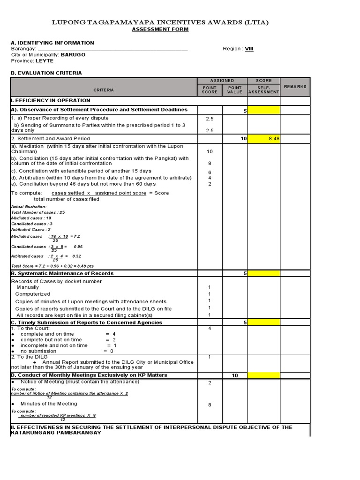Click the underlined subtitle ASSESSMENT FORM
pos(160,29)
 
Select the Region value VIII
pos(249,49)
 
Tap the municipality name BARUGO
pos(73,55)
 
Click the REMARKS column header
pos(295,87)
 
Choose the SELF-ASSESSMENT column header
pos(263,90)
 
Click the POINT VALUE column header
pos(234,90)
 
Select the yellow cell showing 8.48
pos(263,139)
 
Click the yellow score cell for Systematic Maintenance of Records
pos(263,273)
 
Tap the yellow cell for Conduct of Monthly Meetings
pos(263,375)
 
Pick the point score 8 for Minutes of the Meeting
pos(210,405)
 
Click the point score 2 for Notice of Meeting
pos(210,383)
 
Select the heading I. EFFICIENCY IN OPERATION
pos(51,100)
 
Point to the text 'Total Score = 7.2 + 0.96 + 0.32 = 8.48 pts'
pos(49,266)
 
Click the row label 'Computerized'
pos(32,294)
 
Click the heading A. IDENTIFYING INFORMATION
pos(52,43)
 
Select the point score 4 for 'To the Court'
pos(210,328)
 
